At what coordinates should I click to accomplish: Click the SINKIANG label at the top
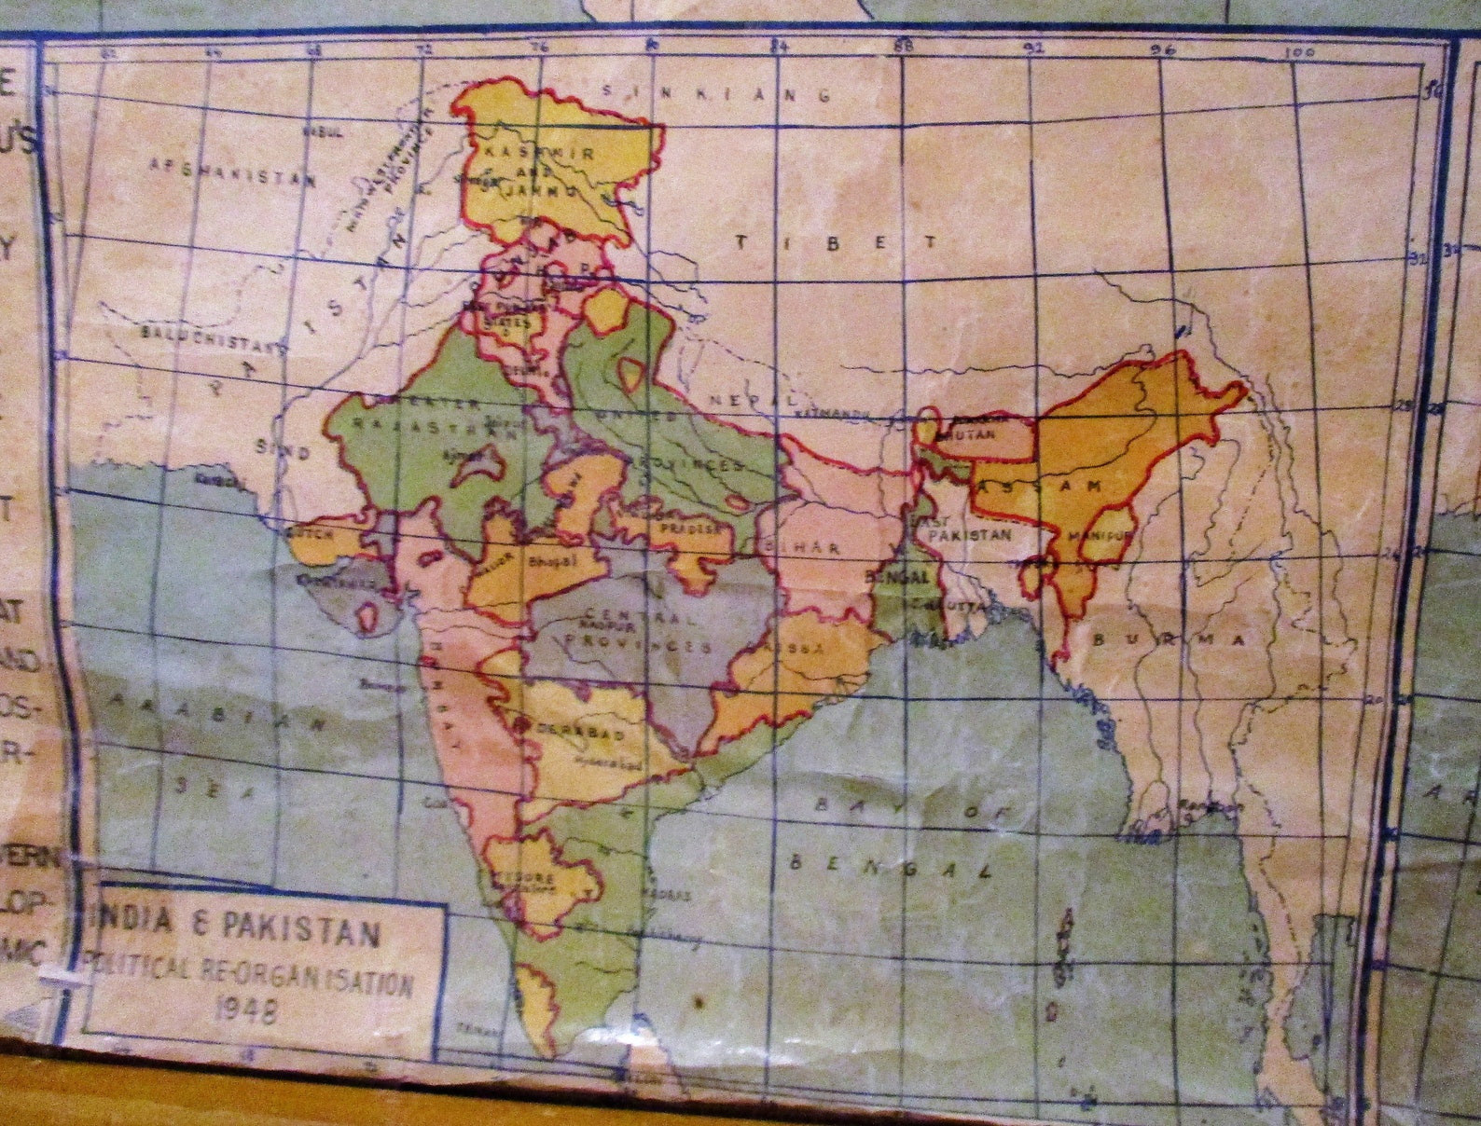pyautogui.click(x=716, y=92)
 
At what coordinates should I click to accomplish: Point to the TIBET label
pyautogui.click(x=837, y=242)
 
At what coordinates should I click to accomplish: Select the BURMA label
pyautogui.click(x=1169, y=640)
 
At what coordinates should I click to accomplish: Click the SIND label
pyautogui.click(x=283, y=450)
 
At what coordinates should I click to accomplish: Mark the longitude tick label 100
pyautogui.click(x=1298, y=53)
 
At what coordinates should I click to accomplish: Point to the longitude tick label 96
pyautogui.click(x=1163, y=51)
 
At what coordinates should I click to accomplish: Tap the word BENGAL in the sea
pyautogui.click(x=889, y=866)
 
